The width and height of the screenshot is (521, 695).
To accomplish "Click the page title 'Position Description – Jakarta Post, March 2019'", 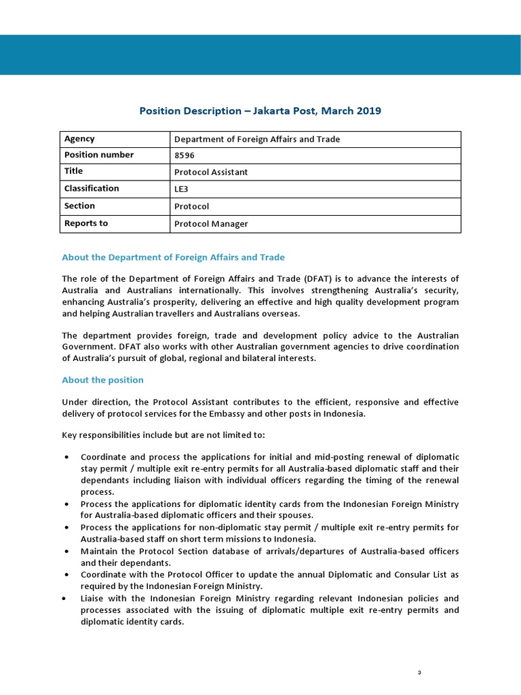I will pos(260,111).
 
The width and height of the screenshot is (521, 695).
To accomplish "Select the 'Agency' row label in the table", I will pos(79,139).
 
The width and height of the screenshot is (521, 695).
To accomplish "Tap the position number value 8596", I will pos(185,155).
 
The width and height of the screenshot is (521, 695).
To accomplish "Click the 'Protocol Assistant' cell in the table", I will pos(211,172).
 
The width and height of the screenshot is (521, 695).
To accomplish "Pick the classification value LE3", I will pos(182,189).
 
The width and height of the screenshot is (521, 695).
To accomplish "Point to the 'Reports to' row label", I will pos(86,223).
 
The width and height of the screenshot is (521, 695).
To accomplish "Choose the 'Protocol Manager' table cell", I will pos(211,224).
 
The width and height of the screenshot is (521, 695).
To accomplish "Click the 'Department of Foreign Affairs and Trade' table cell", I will pos(257,139).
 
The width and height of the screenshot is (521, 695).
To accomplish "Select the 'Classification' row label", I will pos(92,189).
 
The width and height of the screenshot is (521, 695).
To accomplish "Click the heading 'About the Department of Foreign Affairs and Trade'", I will pos(173,257).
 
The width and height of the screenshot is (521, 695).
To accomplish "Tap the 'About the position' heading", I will pos(102,380).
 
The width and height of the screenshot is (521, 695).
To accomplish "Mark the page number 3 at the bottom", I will pos(419,673).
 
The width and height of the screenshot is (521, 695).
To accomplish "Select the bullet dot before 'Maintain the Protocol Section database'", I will pos(66,551).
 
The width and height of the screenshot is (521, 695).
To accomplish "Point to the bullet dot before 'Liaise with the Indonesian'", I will pos(64,599).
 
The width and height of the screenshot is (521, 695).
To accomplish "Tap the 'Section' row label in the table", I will pos(79,206).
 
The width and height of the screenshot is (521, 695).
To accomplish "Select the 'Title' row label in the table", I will pos(73,172).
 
